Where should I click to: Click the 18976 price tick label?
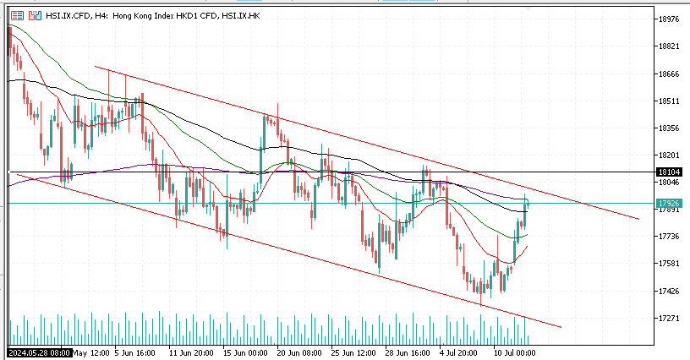click(668, 19)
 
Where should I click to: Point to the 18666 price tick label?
click(668, 74)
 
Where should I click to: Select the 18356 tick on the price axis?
click(668, 128)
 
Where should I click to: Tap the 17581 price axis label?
click(668, 264)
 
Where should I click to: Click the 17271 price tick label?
click(668, 319)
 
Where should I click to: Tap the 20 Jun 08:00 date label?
click(298, 352)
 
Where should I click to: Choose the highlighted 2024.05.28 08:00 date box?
click(39, 352)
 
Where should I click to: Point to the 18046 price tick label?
click(668, 183)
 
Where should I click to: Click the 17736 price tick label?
click(668, 237)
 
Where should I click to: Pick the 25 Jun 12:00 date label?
click(354, 352)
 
